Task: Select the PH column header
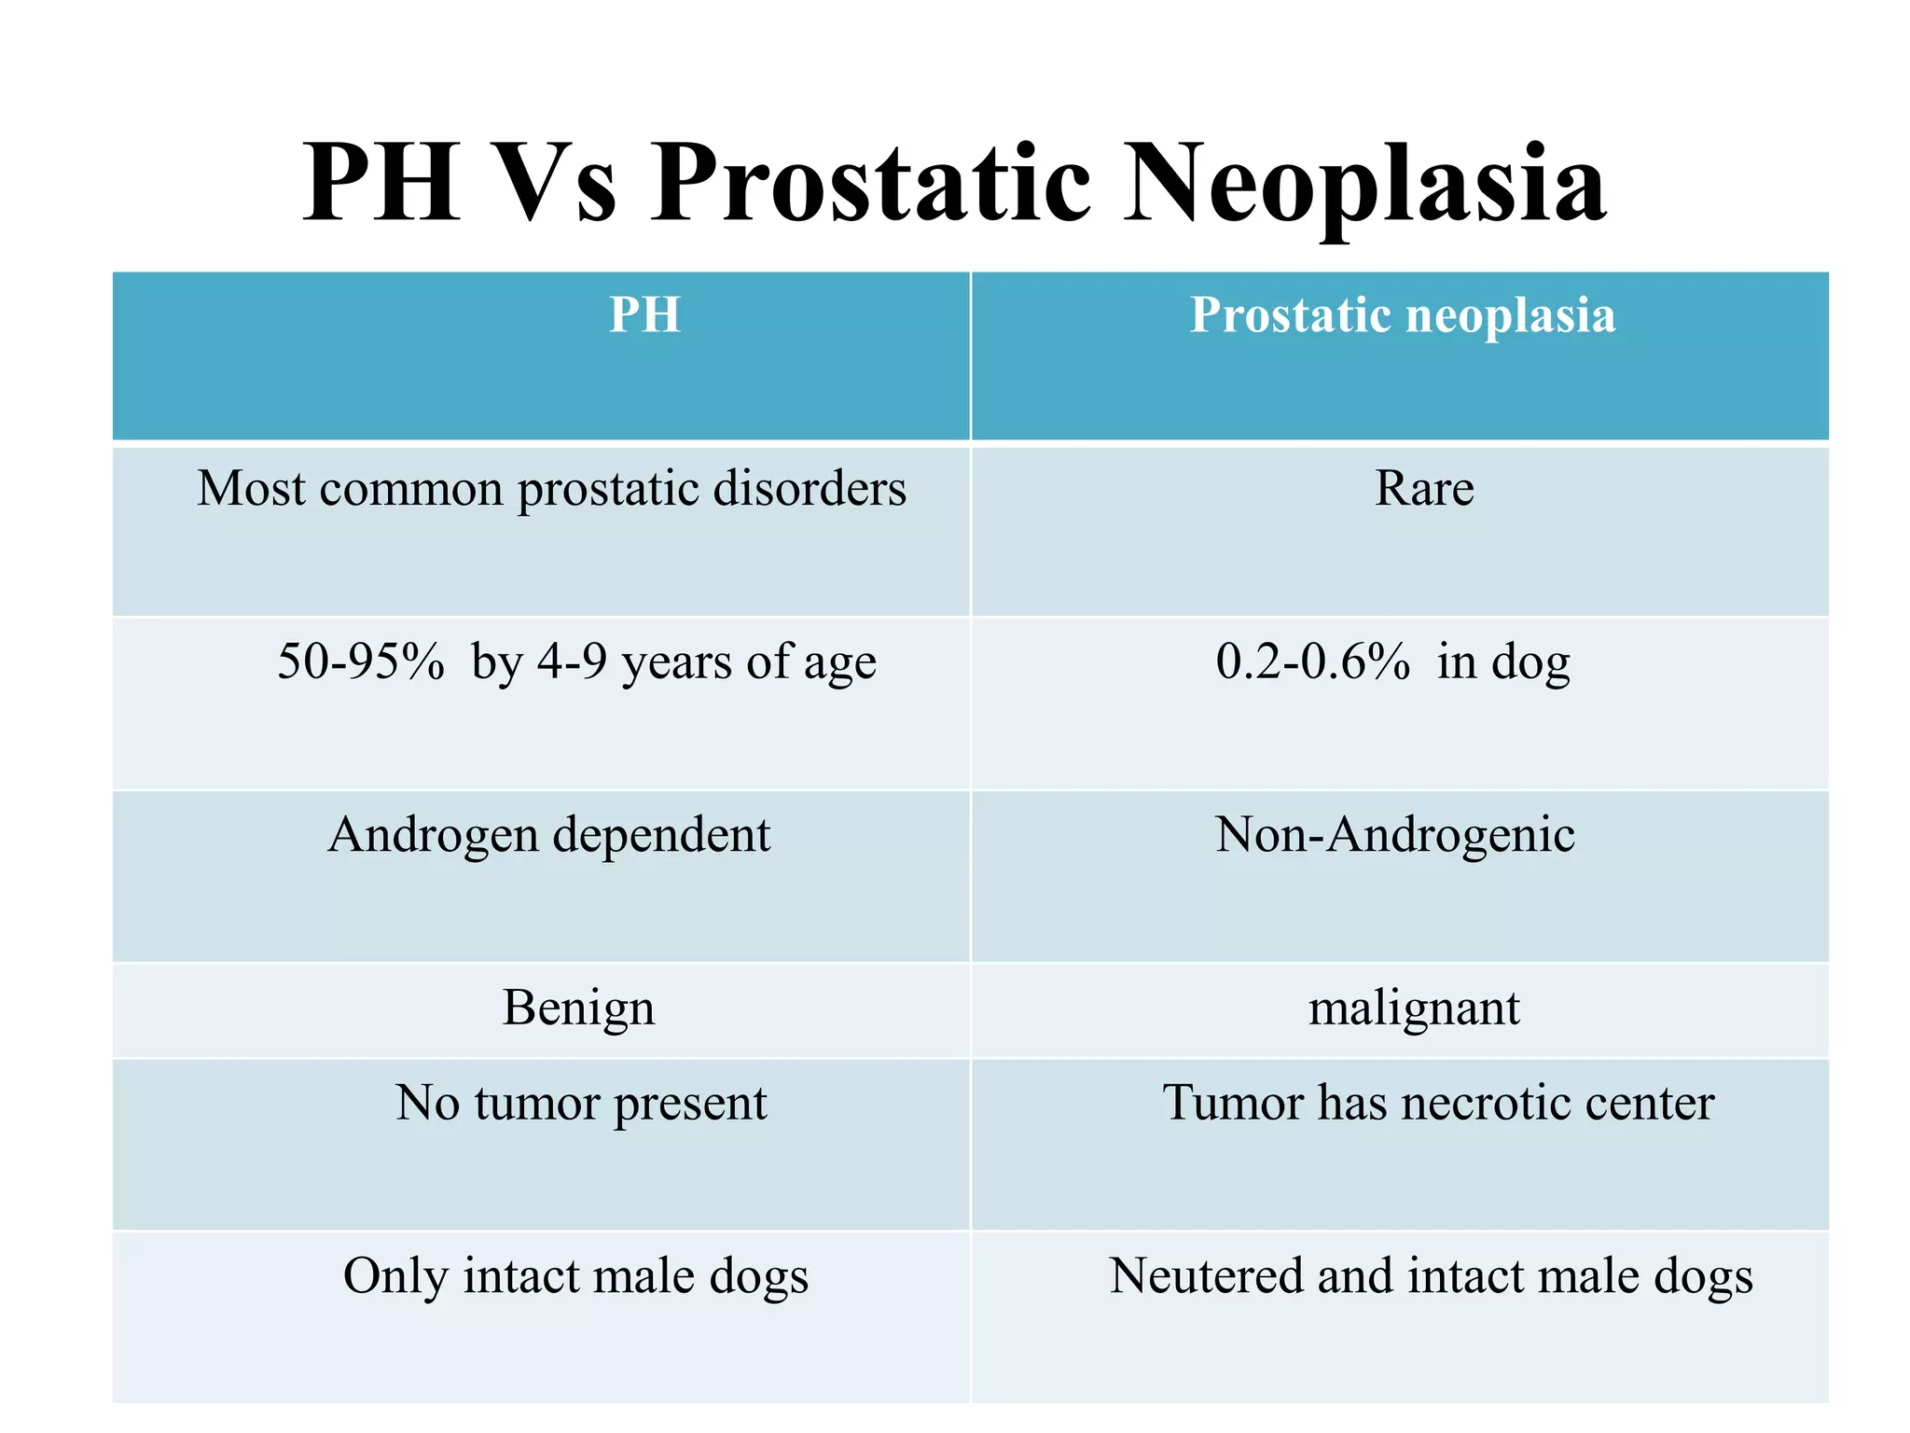click(x=644, y=315)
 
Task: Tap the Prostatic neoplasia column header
click(x=1402, y=315)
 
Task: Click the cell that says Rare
click(x=1424, y=489)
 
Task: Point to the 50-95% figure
click(x=361, y=661)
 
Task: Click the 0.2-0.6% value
click(x=1312, y=661)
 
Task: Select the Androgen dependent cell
click(x=549, y=835)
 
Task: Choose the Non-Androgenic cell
click(x=1394, y=835)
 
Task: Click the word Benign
click(x=578, y=1009)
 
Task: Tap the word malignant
click(x=1414, y=1009)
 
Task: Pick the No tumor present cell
click(x=581, y=1103)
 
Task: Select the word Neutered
click(x=1205, y=1276)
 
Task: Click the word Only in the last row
click(x=395, y=1276)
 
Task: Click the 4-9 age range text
click(x=572, y=661)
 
